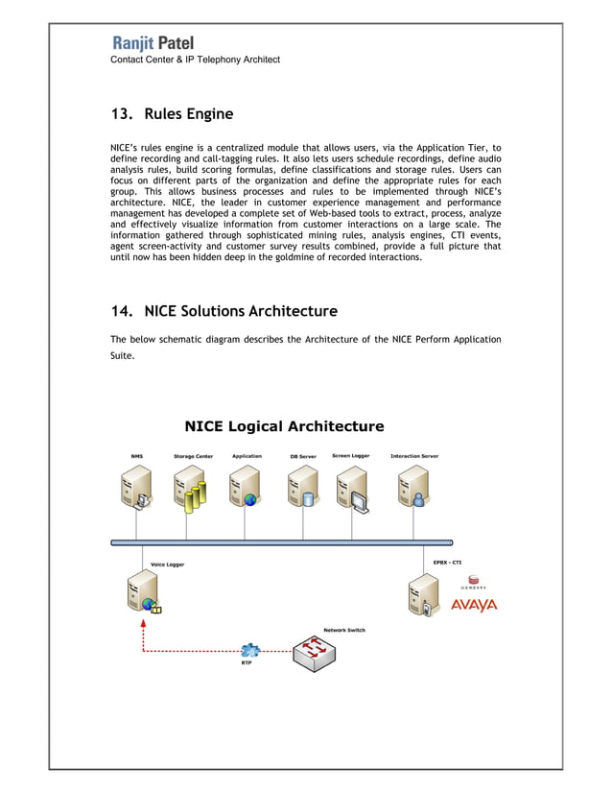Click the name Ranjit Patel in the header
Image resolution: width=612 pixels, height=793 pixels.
tap(153, 43)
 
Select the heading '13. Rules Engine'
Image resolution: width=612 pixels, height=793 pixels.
tap(172, 114)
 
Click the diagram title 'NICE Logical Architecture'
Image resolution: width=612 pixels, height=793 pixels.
tap(284, 426)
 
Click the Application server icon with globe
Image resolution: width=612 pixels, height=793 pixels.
tap(245, 487)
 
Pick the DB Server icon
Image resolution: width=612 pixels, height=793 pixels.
tap(302, 487)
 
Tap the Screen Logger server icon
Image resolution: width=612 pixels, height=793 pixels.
tap(352, 487)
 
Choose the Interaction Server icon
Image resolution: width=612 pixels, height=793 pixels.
tap(413, 487)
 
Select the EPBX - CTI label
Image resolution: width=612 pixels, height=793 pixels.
tap(448, 563)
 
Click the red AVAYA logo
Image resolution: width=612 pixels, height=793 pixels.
tap(474, 605)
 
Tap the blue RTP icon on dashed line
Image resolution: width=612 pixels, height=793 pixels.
tap(250, 650)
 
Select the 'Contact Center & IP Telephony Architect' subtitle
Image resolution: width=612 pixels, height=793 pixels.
tap(195, 60)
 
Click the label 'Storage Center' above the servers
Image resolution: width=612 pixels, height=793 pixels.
tap(193, 456)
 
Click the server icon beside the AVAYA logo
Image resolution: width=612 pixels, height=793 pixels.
tap(423, 596)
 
